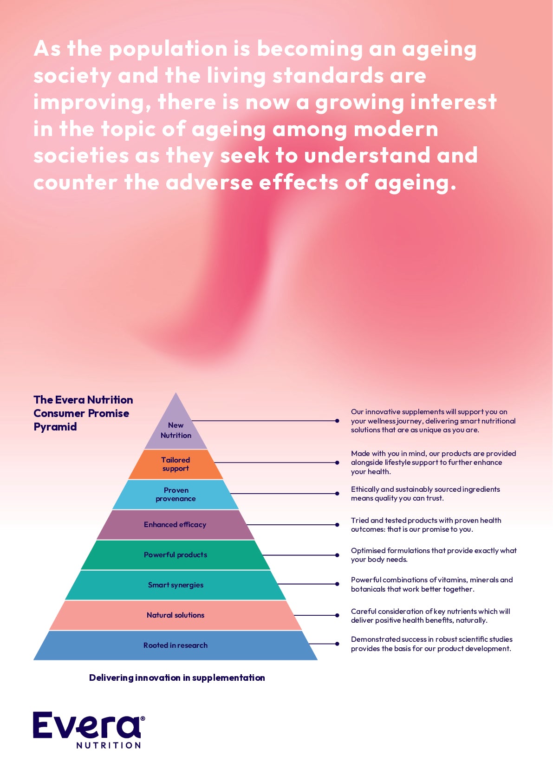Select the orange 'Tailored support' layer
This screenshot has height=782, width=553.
click(176, 464)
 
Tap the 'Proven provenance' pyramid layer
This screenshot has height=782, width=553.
click(176, 495)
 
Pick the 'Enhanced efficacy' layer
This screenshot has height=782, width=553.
click(175, 525)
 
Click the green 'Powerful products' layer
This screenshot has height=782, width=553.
click(176, 555)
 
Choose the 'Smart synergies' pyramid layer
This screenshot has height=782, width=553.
click(176, 585)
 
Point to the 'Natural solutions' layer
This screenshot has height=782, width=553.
click(176, 615)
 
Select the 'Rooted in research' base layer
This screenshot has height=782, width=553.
click(176, 645)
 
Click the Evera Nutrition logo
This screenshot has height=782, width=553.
click(87, 729)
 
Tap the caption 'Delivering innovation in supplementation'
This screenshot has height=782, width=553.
click(177, 678)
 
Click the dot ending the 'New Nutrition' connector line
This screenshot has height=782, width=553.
click(337, 421)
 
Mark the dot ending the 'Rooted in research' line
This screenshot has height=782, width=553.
click(337, 644)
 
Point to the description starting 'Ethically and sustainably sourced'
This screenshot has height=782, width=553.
click(425, 494)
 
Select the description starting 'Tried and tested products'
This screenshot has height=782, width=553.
click(426, 525)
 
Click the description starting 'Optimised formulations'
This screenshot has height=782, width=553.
click(434, 555)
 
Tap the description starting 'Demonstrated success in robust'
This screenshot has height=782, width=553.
click(431, 644)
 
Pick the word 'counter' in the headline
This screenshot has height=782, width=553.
click(75, 182)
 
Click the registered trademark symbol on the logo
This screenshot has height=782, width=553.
click(143, 718)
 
